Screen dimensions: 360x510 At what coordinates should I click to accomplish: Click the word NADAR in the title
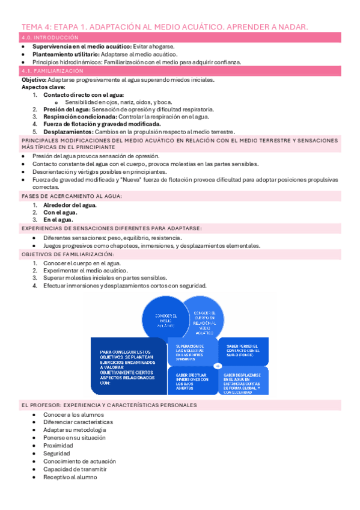[292, 27]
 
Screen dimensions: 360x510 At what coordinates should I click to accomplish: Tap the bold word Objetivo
[34, 79]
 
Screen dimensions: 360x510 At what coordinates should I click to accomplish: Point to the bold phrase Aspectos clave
[41, 87]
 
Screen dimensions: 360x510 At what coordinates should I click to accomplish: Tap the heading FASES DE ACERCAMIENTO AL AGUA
[72, 196]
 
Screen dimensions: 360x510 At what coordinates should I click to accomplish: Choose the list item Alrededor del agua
[70, 204]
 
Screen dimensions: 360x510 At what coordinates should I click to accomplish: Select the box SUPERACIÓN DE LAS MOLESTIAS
[189, 352]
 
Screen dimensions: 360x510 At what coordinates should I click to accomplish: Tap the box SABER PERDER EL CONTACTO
[242, 350]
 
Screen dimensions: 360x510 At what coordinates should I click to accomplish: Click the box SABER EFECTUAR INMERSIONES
[189, 379]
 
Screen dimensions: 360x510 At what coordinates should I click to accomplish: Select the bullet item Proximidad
[58, 446]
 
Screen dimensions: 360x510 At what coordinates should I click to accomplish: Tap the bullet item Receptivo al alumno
[70, 477]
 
